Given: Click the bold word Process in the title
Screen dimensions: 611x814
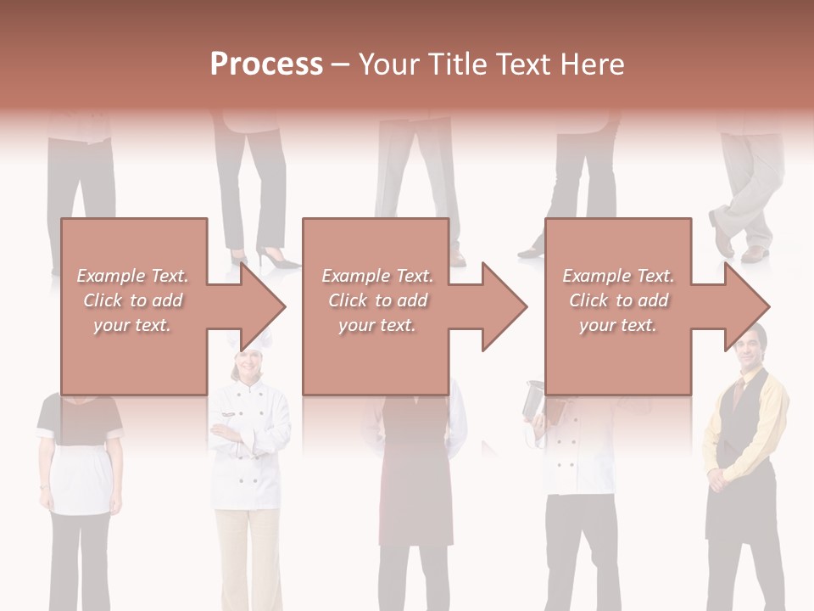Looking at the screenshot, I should (x=266, y=64).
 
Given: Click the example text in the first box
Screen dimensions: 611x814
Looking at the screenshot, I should (x=132, y=300).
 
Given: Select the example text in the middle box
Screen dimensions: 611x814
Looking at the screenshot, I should (x=376, y=300).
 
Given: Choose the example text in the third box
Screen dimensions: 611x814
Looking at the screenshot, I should (x=617, y=300).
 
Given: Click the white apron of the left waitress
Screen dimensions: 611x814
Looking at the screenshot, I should (x=81, y=479).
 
